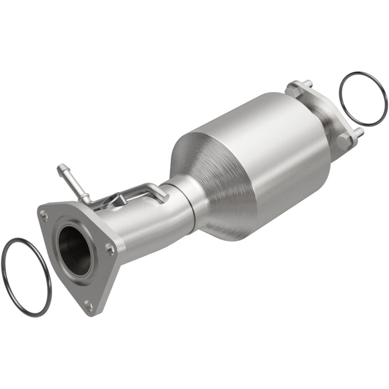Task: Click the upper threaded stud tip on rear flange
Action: [x=307, y=83]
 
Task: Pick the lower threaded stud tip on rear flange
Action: [x=359, y=132]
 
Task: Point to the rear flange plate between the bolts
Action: [x=325, y=111]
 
